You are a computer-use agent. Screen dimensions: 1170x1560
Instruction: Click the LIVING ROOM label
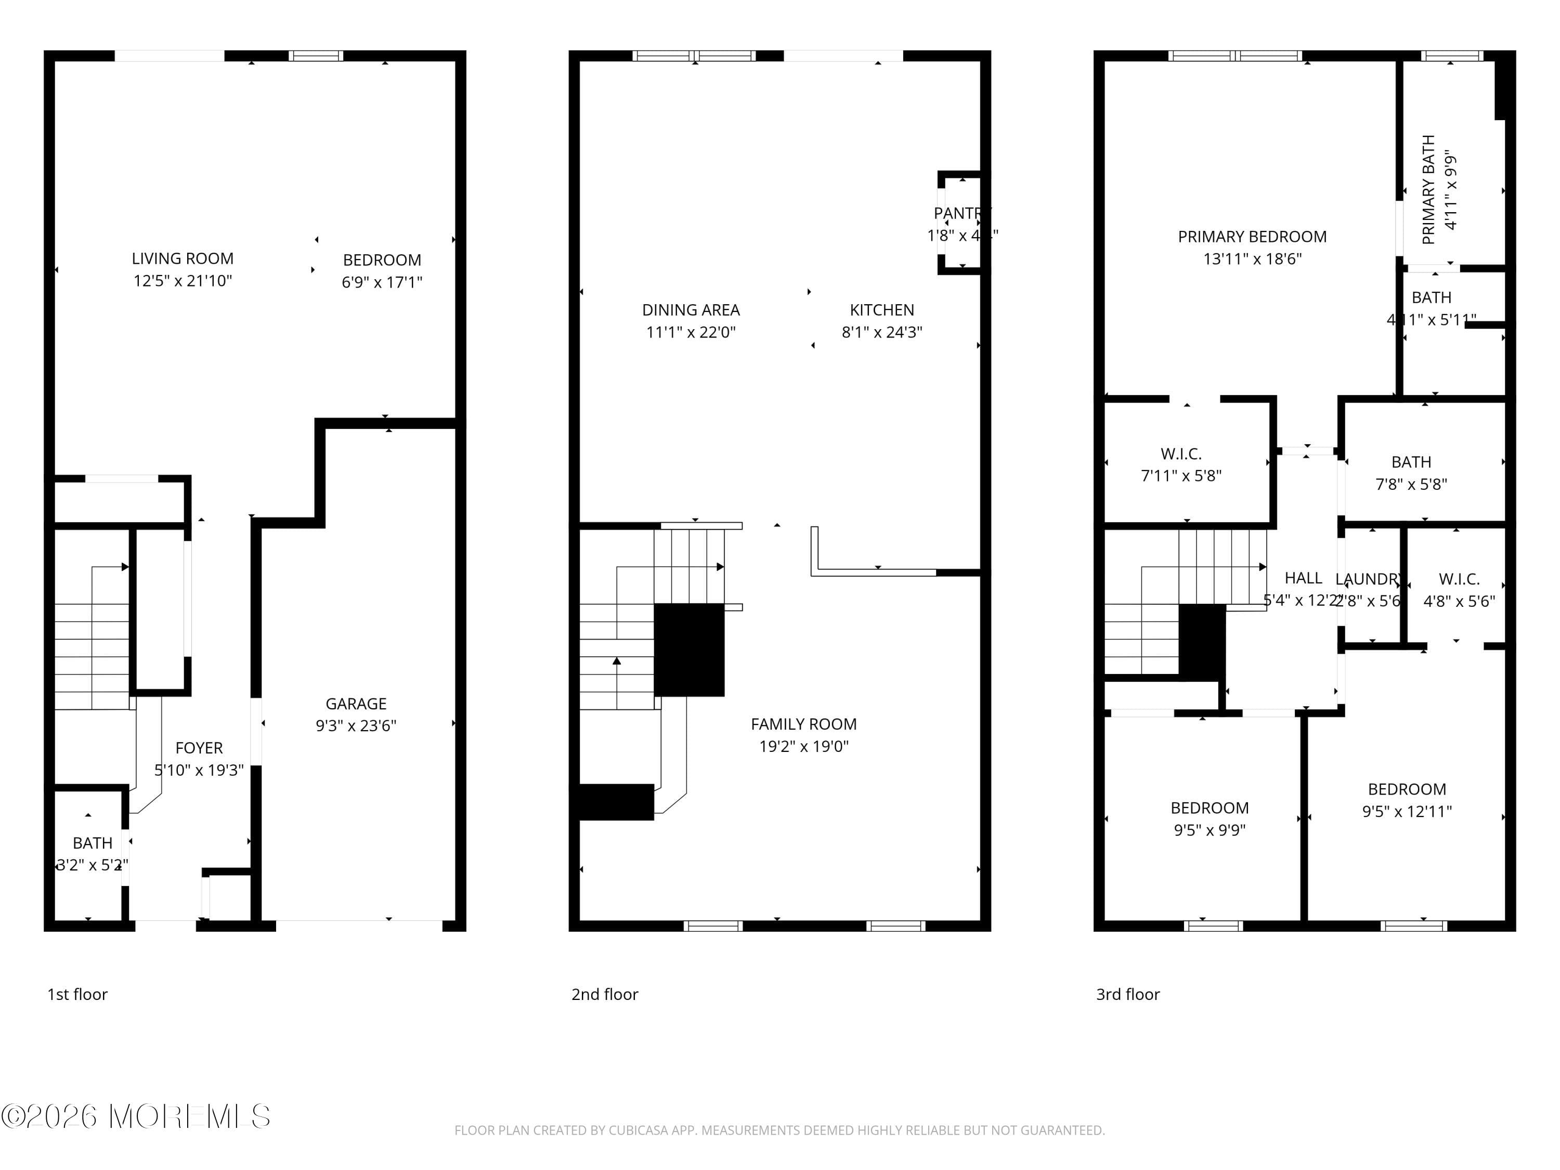pos(182,259)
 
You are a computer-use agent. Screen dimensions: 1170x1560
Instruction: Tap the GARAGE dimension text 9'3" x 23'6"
pos(356,726)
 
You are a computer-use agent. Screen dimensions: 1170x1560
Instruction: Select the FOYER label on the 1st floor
pos(199,748)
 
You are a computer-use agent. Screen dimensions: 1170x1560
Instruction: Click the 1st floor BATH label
pos(93,843)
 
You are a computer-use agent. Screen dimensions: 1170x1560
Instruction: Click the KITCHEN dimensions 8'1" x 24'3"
pos(881,332)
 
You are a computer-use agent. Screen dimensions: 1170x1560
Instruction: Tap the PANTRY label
pos(960,213)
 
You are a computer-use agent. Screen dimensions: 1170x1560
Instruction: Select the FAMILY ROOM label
pos(803,724)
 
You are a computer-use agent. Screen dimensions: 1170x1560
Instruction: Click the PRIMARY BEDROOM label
pos(1252,237)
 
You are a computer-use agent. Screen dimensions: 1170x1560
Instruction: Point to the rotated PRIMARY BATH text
pos(1428,189)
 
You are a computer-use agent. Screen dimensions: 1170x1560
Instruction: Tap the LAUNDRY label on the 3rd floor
pos(1368,579)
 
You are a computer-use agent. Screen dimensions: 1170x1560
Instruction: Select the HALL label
pos(1303,578)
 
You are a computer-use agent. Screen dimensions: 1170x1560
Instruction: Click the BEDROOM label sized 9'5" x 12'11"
pos(1406,789)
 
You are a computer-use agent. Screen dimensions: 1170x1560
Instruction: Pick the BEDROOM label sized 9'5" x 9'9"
pos(1209,808)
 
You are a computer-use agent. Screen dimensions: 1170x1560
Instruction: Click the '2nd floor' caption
pos(604,994)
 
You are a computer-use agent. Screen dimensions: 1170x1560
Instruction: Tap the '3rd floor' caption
pos(1127,994)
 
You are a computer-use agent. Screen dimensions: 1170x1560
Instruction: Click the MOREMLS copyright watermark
pos(135,1116)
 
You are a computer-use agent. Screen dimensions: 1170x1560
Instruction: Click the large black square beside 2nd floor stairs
pos(689,649)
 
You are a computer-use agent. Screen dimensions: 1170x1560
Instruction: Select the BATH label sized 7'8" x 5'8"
pos(1410,462)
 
